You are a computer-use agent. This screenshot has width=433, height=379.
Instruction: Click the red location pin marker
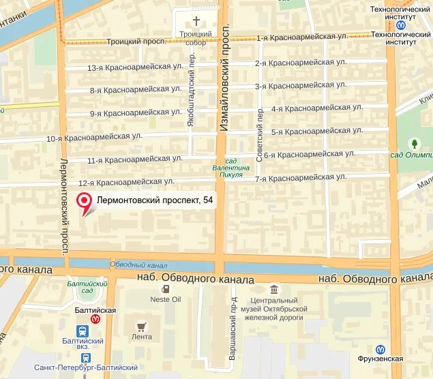[85, 201]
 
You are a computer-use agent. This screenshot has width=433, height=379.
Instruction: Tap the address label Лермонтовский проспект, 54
[149, 200]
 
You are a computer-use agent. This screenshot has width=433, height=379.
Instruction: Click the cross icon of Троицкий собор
[196, 21]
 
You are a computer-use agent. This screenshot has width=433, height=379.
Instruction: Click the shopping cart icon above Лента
[142, 326]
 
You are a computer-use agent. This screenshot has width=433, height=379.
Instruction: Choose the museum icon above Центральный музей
[274, 289]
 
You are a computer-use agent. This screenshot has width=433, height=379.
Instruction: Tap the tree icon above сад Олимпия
[413, 143]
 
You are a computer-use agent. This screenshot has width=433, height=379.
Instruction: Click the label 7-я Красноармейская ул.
[300, 178]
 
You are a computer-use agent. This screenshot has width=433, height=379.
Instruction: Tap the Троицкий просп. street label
[137, 42]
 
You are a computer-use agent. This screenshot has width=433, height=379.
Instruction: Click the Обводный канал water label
[138, 264]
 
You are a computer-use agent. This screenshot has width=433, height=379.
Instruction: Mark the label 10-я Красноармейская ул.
[93, 138]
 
